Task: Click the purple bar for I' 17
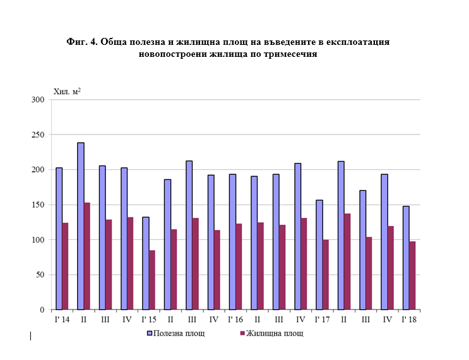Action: click(326, 275)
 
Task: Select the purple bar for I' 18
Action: click(412, 275)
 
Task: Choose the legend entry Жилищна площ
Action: click(271, 333)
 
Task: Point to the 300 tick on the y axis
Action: click(37, 100)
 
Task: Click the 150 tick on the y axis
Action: click(37, 205)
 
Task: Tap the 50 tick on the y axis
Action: click(39, 275)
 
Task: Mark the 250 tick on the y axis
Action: click(37, 135)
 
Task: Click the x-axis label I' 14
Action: click(61, 320)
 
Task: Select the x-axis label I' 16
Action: click(235, 320)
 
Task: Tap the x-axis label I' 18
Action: click(408, 320)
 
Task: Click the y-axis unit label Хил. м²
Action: click(67, 92)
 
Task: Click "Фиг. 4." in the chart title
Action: click(83, 42)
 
